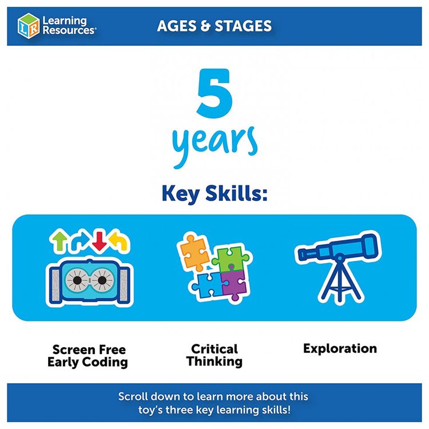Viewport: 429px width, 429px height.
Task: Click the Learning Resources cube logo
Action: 28,26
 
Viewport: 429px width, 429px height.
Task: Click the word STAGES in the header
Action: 243,26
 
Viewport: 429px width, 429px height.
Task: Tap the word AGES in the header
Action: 177,26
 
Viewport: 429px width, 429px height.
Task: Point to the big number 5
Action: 214,93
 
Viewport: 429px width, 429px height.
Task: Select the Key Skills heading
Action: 214,193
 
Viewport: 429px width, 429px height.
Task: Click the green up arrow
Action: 59,240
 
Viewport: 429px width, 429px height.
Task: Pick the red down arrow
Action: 100,241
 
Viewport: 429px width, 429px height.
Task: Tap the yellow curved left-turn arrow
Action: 119,241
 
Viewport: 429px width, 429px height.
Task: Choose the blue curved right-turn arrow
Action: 80,241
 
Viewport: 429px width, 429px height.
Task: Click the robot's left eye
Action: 77,280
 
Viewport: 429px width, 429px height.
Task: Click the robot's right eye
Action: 102,280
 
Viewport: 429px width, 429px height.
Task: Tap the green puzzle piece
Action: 231,259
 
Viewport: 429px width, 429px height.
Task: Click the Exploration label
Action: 340,348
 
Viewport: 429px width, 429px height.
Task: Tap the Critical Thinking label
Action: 214,355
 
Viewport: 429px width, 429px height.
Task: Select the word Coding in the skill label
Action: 105,362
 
